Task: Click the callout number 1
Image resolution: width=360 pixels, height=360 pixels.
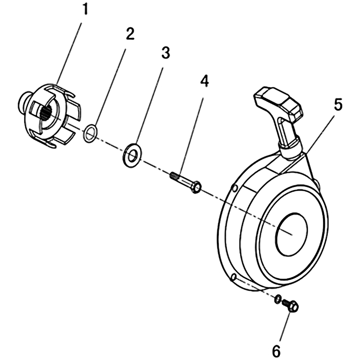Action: [x=85, y=9]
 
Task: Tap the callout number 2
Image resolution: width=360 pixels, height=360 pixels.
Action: [x=130, y=35]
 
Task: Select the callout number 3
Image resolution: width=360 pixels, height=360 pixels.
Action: [x=166, y=53]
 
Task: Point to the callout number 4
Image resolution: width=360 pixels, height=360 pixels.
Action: [x=205, y=81]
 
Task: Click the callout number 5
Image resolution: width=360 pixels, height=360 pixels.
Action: [x=338, y=104]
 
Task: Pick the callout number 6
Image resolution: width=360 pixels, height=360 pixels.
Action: [x=276, y=351]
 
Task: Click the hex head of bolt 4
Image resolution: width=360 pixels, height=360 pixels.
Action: [x=197, y=187]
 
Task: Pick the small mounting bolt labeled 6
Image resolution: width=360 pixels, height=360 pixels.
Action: [x=290, y=306]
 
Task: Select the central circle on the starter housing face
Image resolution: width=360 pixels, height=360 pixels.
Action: [x=292, y=234]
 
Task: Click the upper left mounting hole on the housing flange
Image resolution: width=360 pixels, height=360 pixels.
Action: [x=234, y=189]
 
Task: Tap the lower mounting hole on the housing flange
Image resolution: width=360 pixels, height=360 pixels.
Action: [x=234, y=277]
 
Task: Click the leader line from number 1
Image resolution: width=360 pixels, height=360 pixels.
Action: [x=69, y=54]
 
